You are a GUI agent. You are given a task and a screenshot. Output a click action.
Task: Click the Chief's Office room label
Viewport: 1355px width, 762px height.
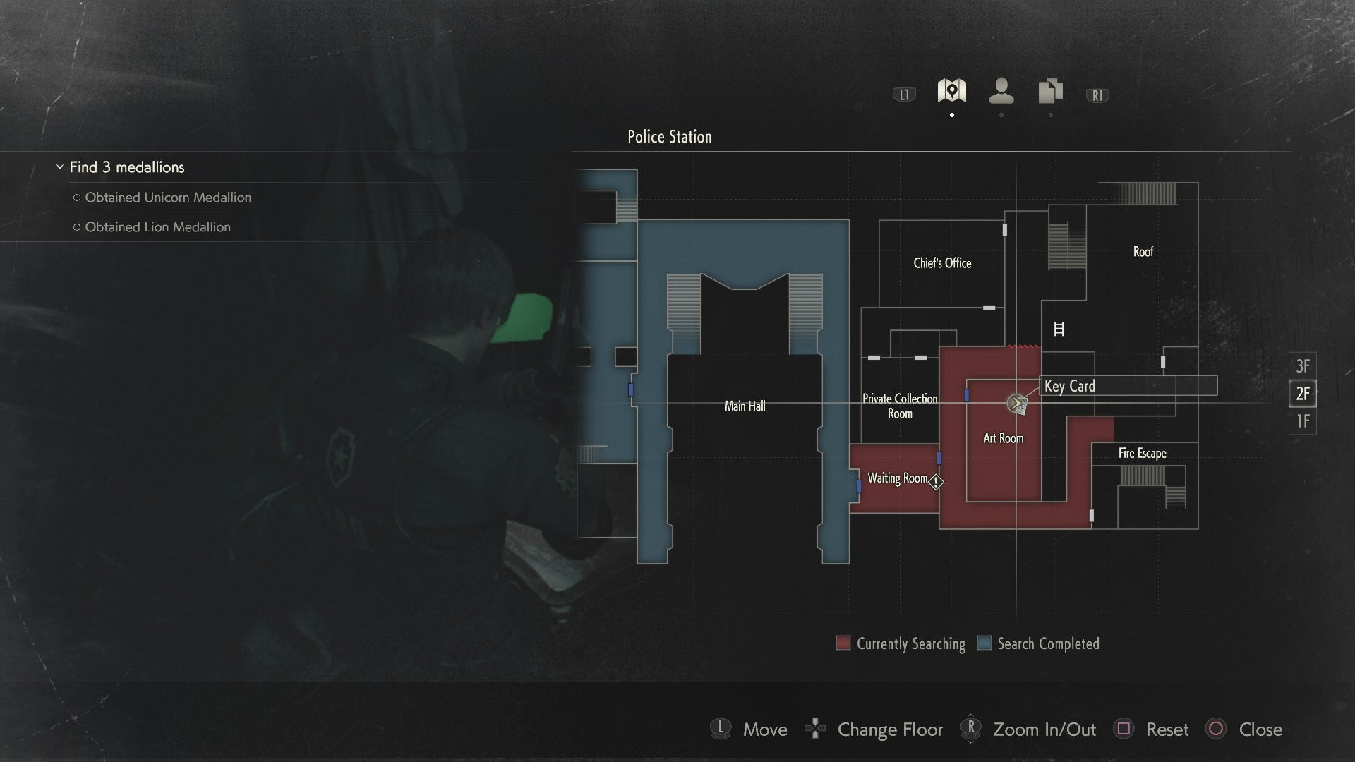[x=942, y=263]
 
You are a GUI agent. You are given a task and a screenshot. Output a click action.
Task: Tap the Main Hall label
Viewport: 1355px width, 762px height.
[x=745, y=406]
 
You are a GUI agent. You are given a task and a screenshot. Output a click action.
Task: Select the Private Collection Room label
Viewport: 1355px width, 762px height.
[x=900, y=406]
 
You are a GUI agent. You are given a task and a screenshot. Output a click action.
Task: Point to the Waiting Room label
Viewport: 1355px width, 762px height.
[x=897, y=478]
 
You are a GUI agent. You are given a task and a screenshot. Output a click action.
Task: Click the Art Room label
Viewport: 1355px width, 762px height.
[x=1003, y=438]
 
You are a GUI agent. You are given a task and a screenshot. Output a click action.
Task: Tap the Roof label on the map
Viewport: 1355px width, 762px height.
[x=1143, y=252]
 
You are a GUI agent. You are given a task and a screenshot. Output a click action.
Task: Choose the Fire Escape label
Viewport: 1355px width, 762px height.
[x=1142, y=454]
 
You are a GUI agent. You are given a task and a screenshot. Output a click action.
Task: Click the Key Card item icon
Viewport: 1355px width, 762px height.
[x=1016, y=404]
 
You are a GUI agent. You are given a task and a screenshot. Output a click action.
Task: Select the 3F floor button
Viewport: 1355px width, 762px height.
[x=1302, y=366]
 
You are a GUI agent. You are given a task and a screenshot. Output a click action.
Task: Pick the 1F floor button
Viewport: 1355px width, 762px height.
[x=1302, y=421]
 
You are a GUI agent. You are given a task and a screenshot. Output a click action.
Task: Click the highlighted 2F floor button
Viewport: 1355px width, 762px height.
[x=1302, y=394]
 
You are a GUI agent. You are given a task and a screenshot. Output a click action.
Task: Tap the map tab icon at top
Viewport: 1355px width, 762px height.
[x=951, y=91]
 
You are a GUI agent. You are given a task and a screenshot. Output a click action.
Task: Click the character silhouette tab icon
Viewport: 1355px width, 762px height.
[x=1001, y=91]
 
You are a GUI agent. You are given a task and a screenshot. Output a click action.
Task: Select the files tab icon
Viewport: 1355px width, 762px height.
[x=1050, y=91]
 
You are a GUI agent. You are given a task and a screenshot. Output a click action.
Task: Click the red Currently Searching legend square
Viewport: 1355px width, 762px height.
[x=843, y=643]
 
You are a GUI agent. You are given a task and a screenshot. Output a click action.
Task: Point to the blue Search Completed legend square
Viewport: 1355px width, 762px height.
[x=984, y=643]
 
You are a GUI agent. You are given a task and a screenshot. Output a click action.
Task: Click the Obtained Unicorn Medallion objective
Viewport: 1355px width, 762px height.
[x=167, y=198]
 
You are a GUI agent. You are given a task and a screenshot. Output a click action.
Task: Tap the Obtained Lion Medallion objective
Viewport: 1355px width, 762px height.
[x=157, y=227]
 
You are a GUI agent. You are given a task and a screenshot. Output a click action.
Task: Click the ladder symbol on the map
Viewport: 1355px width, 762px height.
[x=1059, y=329]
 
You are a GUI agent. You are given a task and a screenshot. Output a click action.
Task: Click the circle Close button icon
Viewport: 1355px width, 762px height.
[x=1216, y=729]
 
